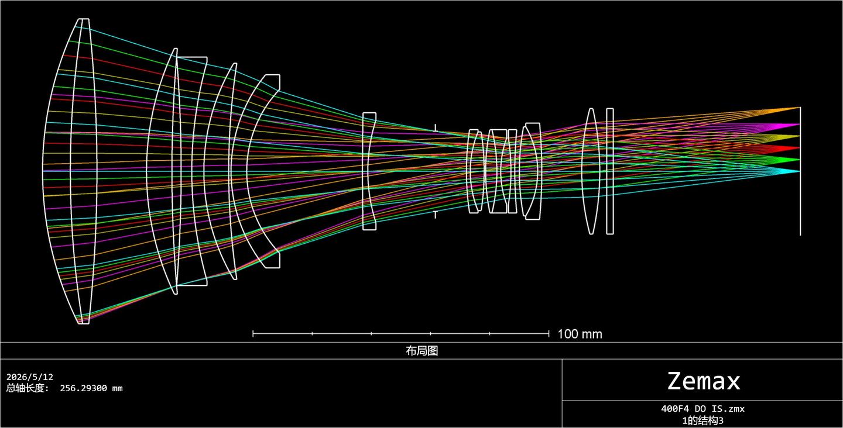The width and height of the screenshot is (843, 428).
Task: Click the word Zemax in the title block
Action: point(704,381)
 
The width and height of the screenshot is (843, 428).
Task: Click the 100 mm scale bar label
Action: point(580,334)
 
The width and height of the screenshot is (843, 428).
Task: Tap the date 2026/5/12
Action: point(30,377)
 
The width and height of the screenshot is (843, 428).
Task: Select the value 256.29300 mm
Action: point(91,388)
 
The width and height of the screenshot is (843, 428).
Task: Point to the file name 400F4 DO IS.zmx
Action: point(702,409)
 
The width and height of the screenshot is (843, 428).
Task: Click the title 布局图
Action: point(422,351)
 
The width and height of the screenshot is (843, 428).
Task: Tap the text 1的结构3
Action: point(702,420)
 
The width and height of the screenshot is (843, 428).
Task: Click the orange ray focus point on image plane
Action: point(800,108)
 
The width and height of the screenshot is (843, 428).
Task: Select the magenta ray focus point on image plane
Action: point(800,125)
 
